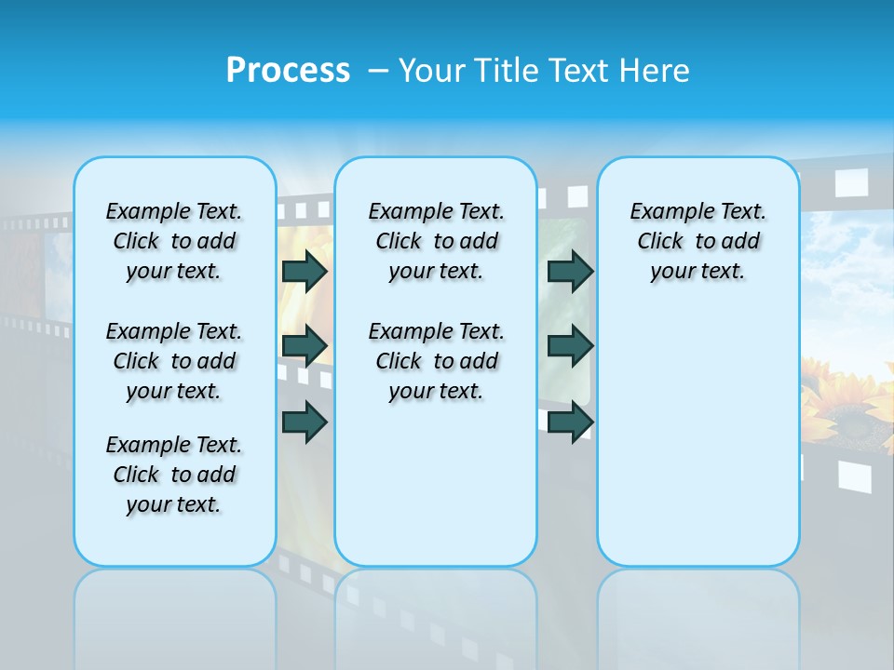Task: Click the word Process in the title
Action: (x=288, y=71)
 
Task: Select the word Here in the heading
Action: (x=656, y=71)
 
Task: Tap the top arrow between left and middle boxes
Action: (x=305, y=272)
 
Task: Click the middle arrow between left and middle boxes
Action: (x=305, y=346)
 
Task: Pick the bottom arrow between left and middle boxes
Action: (x=305, y=422)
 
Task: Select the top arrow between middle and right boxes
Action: (x=570, y=272)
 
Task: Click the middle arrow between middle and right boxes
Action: (x=570, y=346)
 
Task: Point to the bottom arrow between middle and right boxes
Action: (x=570, y=422)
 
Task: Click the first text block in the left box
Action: (x=174, y=242)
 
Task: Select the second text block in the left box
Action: (x=174, y=361)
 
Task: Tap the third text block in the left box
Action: (x=174, y=475)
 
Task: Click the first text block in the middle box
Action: (x=436, y=242)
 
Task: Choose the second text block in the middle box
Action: (x=436, y=361)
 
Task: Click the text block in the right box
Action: (x=698, y=242)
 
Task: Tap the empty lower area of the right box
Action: (x=698, y=447)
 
